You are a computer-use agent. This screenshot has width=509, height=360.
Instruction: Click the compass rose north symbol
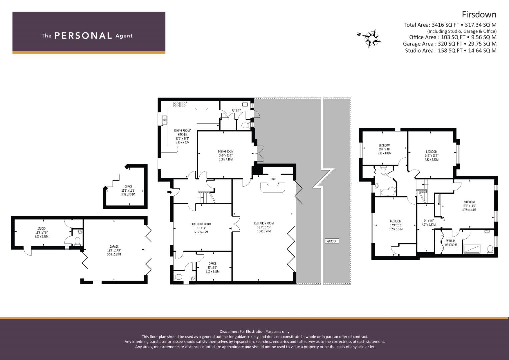point(372,38)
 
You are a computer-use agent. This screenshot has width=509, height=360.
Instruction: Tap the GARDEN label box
point(332,241)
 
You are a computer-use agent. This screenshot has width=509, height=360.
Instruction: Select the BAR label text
point(273,179)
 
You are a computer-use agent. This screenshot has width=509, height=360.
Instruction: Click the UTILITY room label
point(236,110)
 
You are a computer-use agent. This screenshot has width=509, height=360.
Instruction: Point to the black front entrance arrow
point(170,192)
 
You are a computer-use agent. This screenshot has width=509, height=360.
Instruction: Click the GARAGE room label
point(114,246)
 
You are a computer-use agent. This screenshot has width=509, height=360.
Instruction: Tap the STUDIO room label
point(41,229)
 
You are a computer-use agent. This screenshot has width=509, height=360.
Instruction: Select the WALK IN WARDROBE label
point(451,243)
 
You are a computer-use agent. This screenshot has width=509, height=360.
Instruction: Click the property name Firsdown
point(479,15)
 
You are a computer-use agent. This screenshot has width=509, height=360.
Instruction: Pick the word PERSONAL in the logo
point(83,36)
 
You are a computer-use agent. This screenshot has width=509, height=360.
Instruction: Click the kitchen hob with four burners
point(180,105)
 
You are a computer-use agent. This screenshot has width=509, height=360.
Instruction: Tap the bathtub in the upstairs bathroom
point(388,191)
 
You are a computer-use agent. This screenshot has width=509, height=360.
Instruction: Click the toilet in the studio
point(77,241)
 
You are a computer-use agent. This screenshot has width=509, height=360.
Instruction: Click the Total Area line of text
point(450,25)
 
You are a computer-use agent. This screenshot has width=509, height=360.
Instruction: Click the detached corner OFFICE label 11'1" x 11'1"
point(128,190)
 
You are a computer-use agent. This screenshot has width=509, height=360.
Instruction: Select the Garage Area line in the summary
point(450,44)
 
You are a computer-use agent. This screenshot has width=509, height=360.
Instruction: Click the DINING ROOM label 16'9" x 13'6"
point(226,155)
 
